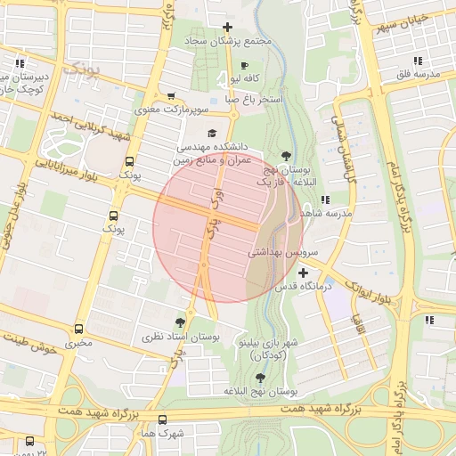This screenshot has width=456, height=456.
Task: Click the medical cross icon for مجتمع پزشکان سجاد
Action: coord(229,28)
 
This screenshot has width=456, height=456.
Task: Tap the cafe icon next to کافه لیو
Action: coord(245,66)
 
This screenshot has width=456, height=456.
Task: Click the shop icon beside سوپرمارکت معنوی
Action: coord(171,96)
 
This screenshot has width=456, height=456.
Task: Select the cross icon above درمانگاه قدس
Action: coord(304,273)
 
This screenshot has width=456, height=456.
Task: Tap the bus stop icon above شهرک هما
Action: coord(162,419)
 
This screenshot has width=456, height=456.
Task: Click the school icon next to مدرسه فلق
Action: coord(418,61)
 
